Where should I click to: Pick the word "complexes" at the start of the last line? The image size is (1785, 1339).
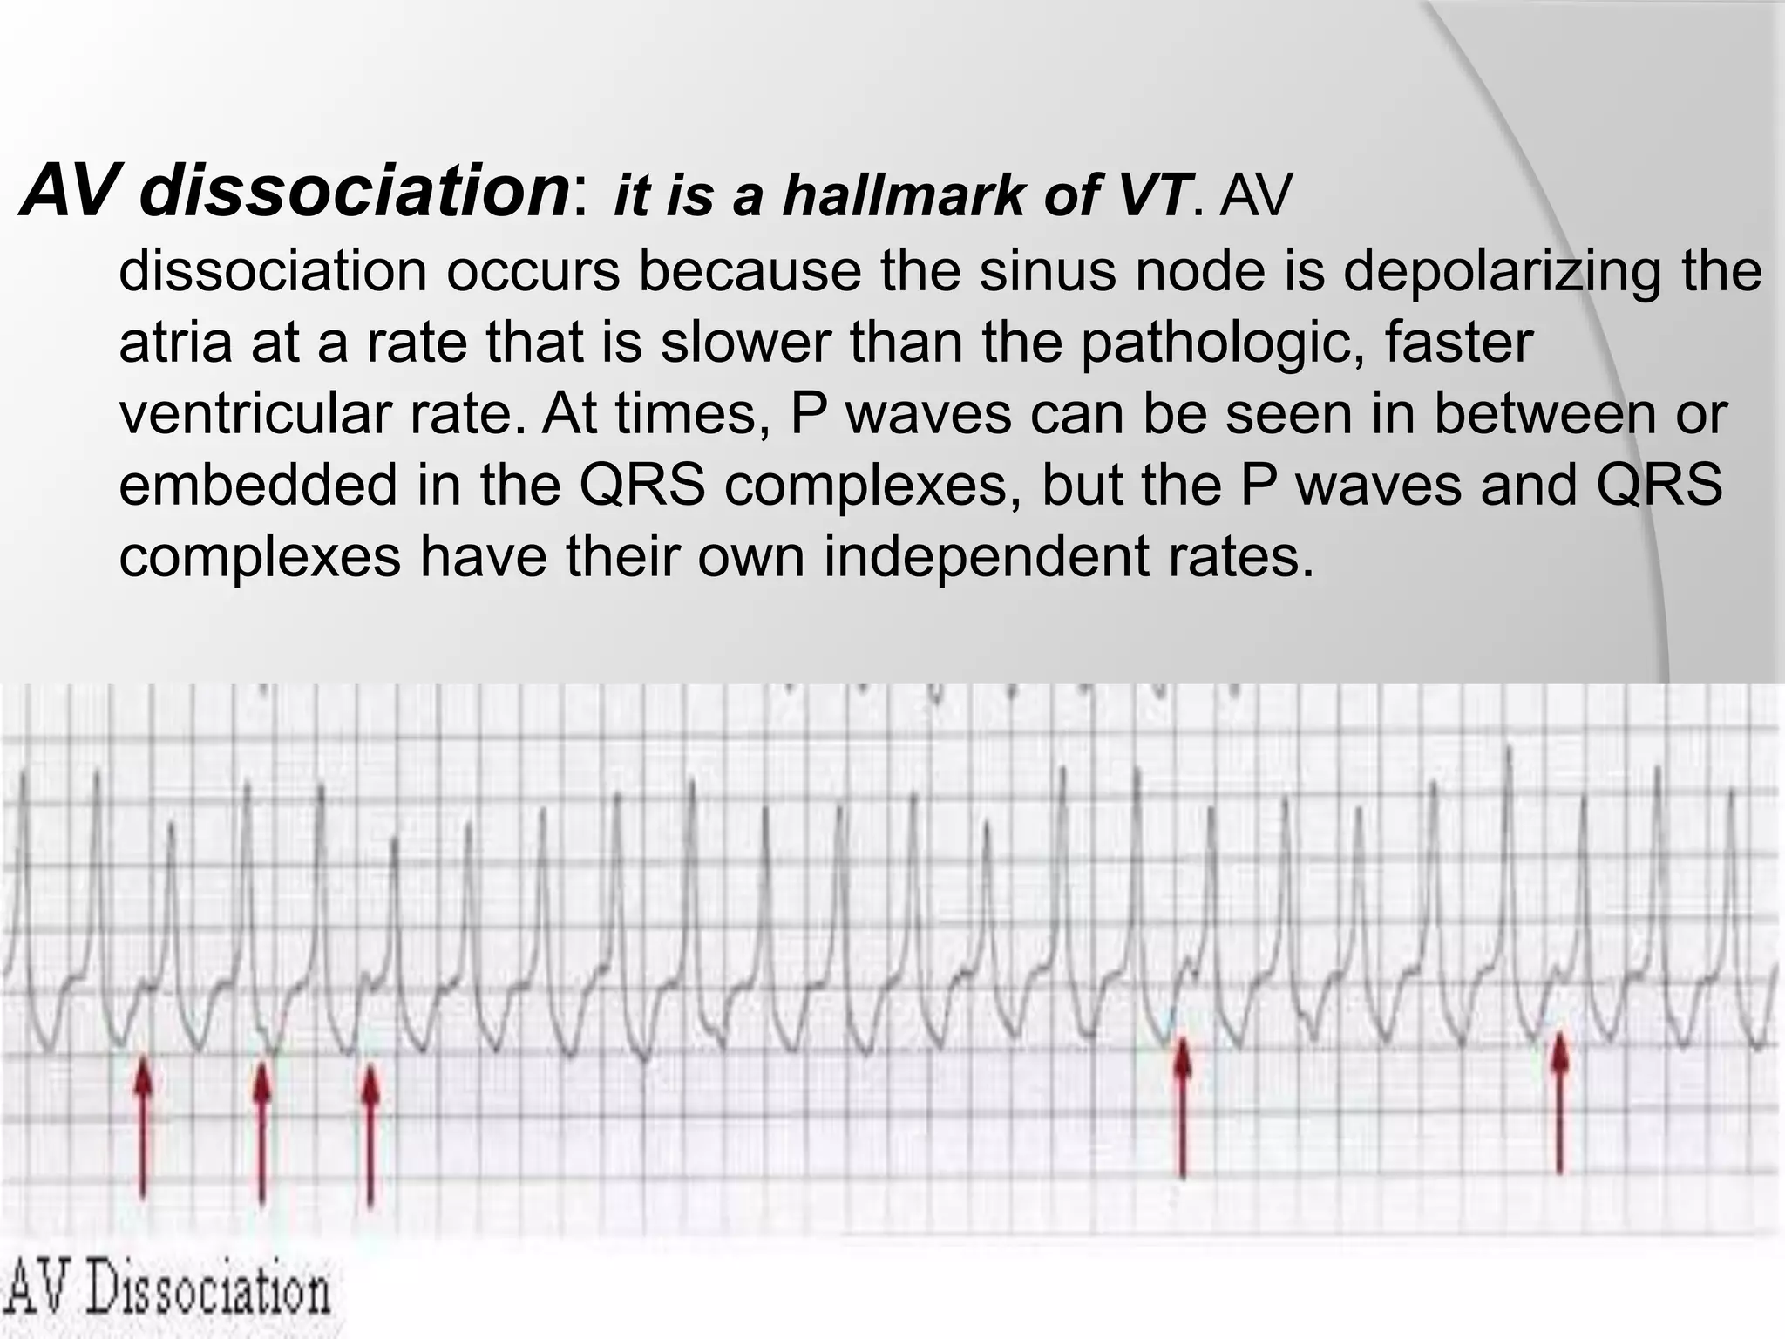259,558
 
